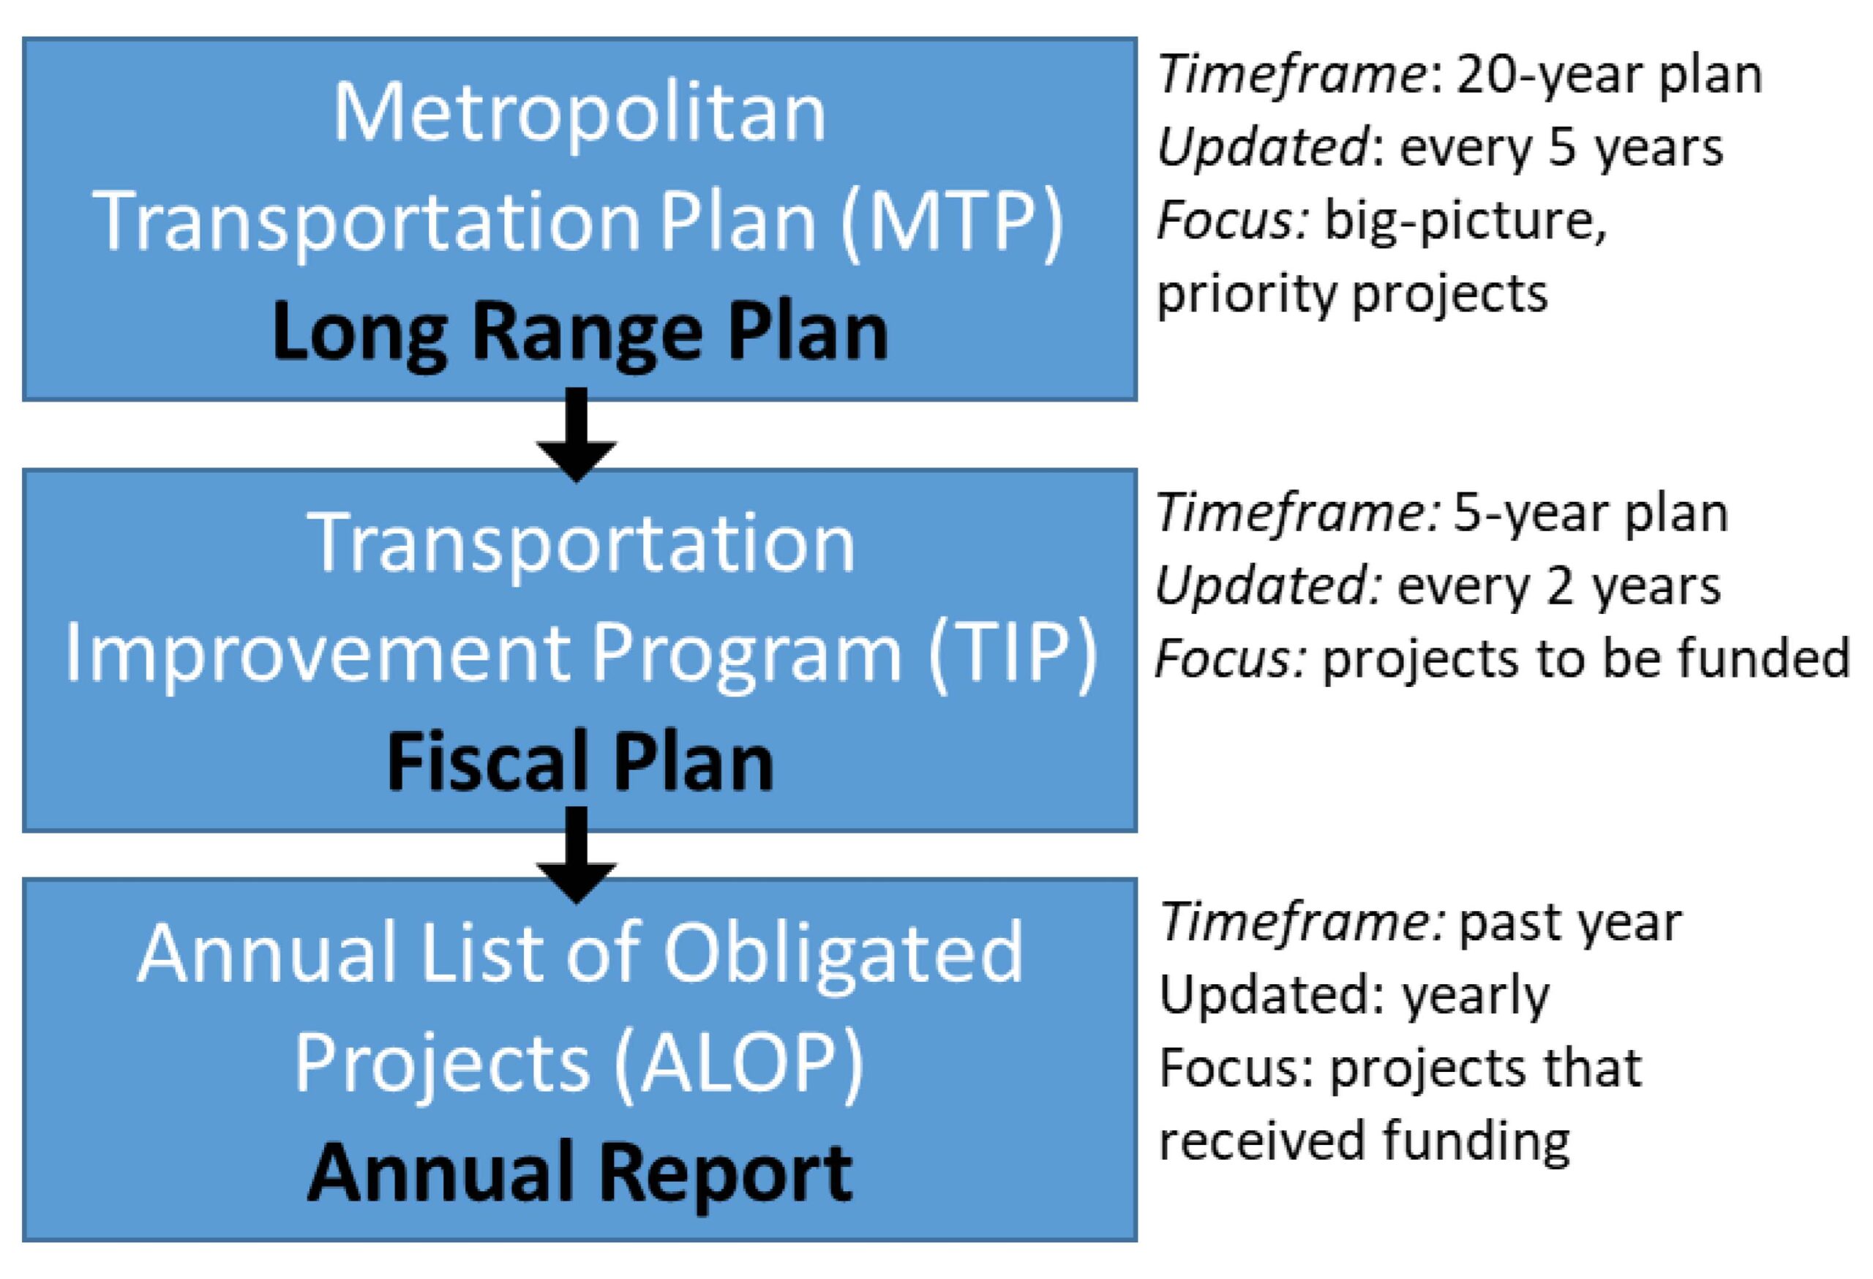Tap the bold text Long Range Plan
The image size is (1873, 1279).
579,333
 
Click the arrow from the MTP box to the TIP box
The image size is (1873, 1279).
577,435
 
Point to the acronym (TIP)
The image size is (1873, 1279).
1013,653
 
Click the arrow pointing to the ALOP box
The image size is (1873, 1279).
577,855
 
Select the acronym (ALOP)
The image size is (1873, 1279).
738,1062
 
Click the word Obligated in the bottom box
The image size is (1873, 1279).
843,953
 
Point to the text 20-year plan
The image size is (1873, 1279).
1609,76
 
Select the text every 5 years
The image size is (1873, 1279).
1561,149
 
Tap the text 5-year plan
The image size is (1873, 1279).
1590,514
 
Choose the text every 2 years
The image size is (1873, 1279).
1558,587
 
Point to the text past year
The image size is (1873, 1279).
1570,923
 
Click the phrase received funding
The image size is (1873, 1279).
1365,1141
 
